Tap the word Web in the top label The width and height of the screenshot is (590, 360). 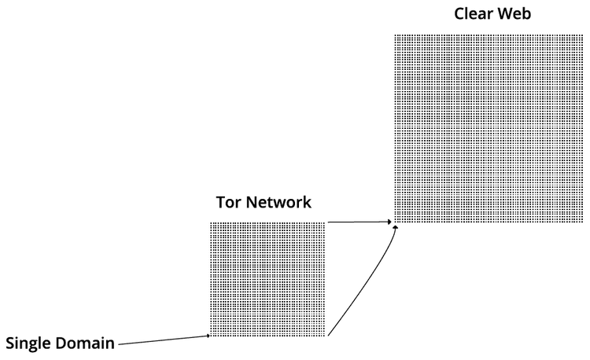point(514,13)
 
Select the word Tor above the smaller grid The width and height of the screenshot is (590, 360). point(229,202)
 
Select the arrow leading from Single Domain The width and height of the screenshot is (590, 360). point(161,340)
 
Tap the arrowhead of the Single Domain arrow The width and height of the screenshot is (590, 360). point(208,336)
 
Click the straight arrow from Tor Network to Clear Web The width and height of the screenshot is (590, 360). point(358,222)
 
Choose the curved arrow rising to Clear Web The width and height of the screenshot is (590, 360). point(366,283)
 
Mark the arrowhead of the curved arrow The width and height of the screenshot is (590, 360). point(396,227)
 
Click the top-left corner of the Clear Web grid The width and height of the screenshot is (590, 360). point(396,35)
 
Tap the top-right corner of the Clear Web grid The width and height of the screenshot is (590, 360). point(582,35)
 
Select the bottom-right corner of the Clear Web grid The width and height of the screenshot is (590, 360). point(582,222)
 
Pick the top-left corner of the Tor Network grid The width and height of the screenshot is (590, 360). point(212,223)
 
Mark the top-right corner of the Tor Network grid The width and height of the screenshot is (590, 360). point(324,223)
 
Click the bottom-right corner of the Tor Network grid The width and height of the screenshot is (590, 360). point(324,336)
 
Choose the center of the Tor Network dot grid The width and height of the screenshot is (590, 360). point(267,279)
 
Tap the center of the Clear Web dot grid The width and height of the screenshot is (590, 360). point(489,129)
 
